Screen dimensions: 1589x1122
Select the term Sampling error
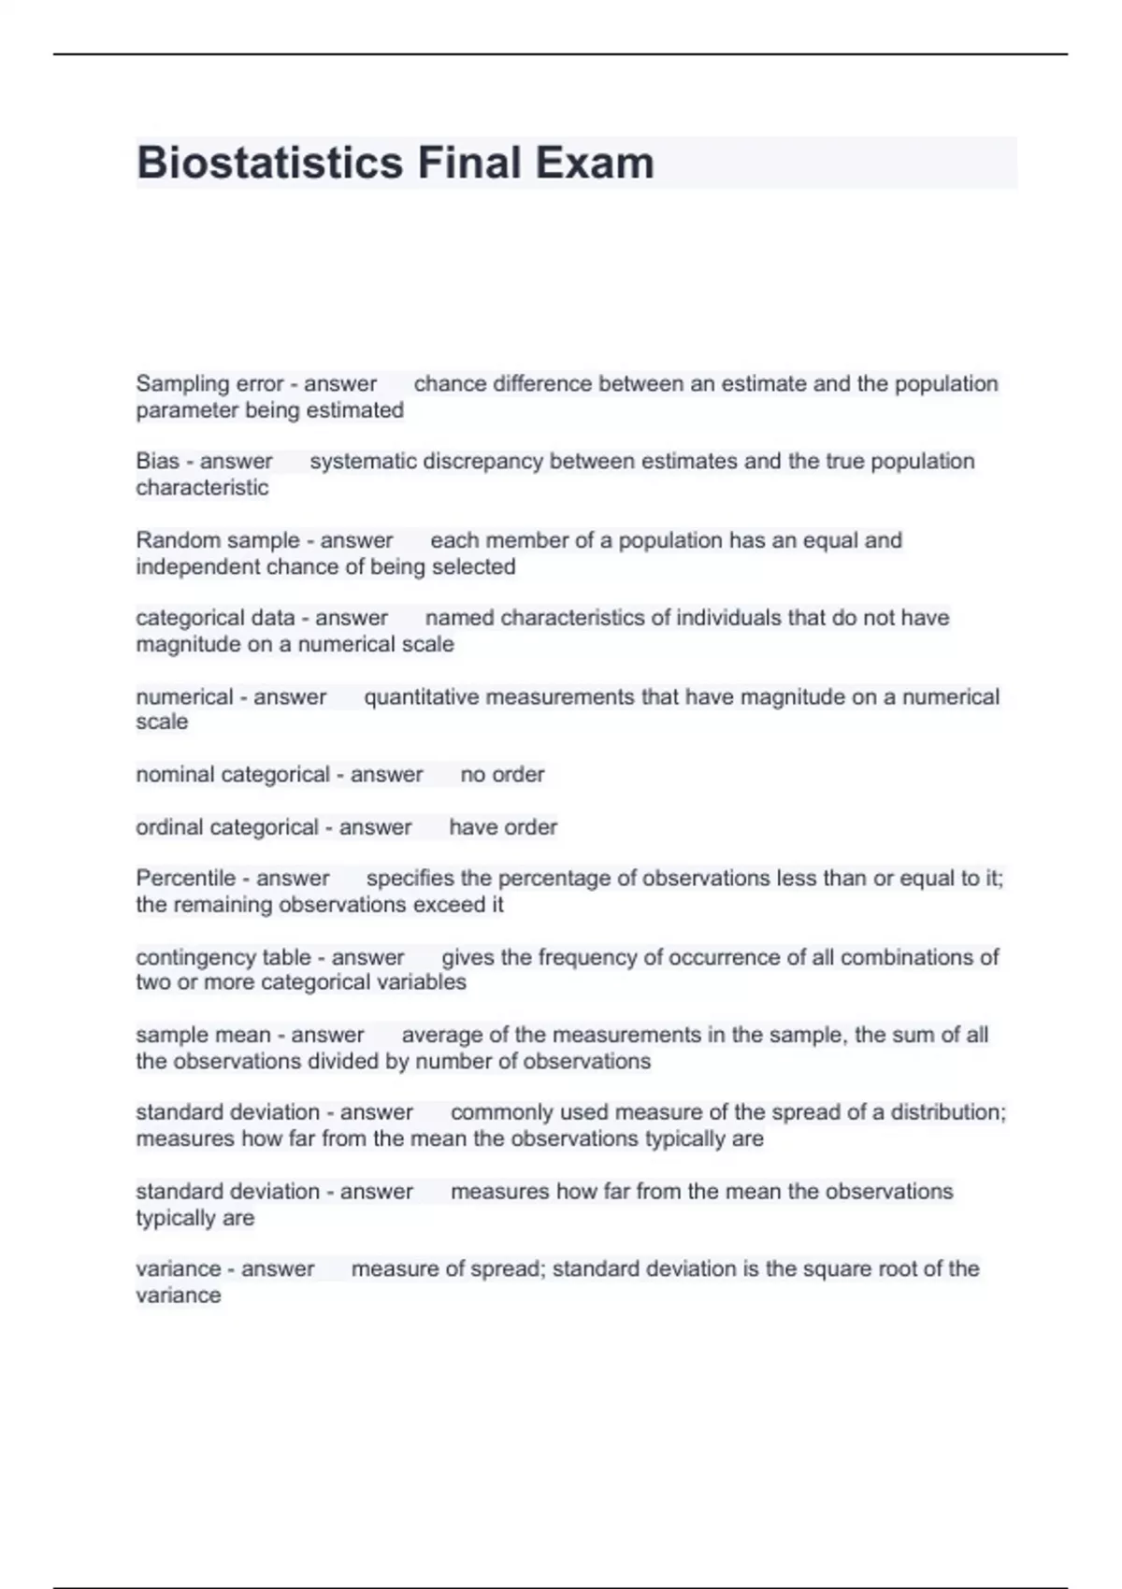(x=209, y=384)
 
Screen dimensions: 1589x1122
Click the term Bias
(x=157, y=462)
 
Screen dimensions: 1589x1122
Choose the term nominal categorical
(x=233, y=775)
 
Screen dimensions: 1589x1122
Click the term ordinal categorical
(x=227, y=827)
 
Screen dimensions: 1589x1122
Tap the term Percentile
(x=185, y=879)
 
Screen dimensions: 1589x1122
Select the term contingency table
(x=223, y=957)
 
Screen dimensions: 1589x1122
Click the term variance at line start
(x=178, y=1269)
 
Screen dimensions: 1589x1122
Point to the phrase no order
(x=502, y=775)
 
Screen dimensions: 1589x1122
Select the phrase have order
(x=503, y=827)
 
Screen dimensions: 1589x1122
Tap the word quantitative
(x=421, y=697)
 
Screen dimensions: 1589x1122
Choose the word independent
(x=197, y=567)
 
